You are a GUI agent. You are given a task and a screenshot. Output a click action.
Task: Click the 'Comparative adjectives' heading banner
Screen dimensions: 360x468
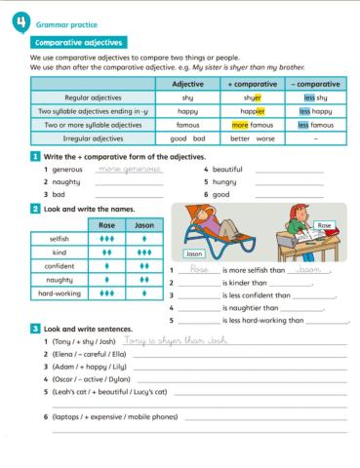77,42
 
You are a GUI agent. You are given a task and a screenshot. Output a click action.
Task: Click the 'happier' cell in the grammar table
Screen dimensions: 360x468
253,111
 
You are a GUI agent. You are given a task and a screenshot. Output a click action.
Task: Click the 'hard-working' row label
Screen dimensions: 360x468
60,292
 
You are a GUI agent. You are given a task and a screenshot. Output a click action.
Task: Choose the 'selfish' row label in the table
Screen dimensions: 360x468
60,238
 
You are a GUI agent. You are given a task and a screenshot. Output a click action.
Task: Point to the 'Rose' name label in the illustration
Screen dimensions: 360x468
326,225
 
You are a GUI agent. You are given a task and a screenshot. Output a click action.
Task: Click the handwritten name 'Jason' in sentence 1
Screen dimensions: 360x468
309,269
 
